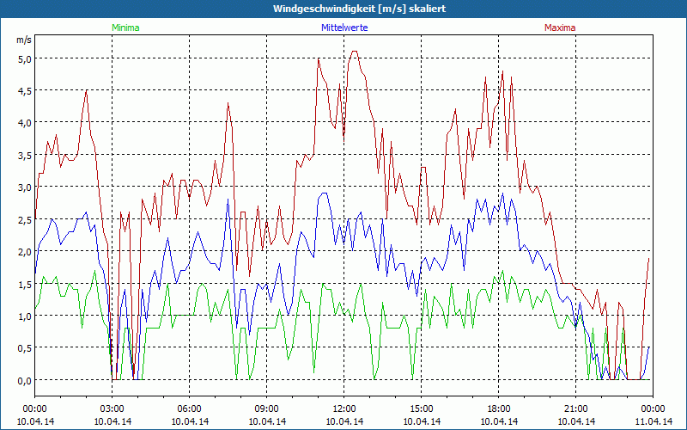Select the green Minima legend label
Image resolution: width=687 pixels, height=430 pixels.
pyautogui.click(x=125, y=28)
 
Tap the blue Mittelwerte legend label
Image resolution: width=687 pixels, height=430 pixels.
pyautogui.click(x=343, y=28)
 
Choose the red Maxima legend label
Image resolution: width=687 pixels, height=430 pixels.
pyautogui.click(x=559, y=28)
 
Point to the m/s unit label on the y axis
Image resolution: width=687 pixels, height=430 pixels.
pyautogui.click(x=23, y=40)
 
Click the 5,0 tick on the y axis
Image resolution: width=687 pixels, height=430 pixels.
pyautogui.click(x=23, y=58)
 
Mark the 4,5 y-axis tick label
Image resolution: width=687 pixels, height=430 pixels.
pyautogui.click(x=23, y=90)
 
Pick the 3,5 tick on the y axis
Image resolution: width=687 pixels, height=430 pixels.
pyautogui.click(x=23, y=155)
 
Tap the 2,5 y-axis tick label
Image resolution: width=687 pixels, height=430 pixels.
pyautogui.click(x=23, y=219)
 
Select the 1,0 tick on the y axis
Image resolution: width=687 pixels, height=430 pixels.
pyautogui.click(x=23, y=316)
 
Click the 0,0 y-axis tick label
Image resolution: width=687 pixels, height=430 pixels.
pyautogui.click(x=23, y=380)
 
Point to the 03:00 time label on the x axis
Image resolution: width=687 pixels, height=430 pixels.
pyautogui.click(x=112, y=408)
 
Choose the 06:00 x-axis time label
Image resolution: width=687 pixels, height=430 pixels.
pyautogui.click(x=189, y=408)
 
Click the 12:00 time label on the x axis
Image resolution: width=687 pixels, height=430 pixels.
pyautogui.click(x=343, y=408)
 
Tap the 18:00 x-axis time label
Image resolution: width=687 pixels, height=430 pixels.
pyautogui.click(x=498, y=408)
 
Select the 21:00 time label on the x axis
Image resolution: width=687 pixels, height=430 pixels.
pyautogui.click(x=575, y=408)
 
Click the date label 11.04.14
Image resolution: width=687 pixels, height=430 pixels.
pyautogui.click(x=653, y=421)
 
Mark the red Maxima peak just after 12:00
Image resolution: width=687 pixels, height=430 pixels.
pyautogui.click(x=354, y=52)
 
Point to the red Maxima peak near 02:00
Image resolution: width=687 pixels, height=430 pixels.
pyautogui.click(x=86, y=90)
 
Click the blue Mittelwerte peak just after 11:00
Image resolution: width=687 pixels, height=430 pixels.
pyautogui.click(x=324, y=193)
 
